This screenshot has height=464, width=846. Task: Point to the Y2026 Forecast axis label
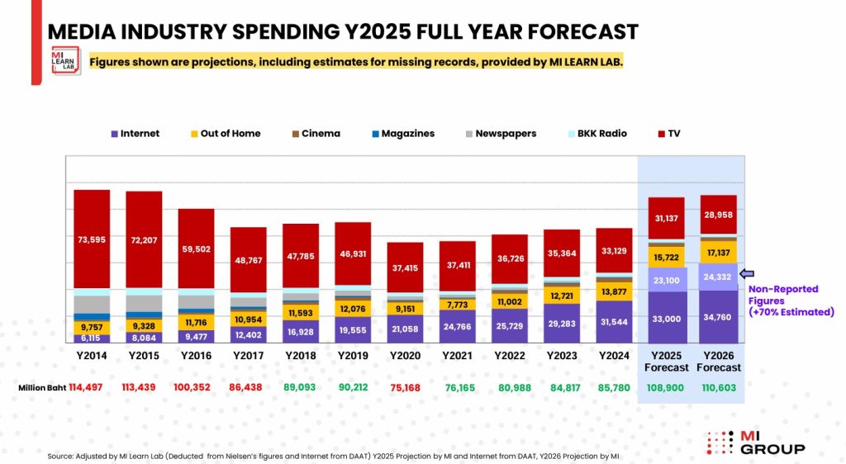718,361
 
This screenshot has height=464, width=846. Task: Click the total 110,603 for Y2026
718,386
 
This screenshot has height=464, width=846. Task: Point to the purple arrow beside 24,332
746,274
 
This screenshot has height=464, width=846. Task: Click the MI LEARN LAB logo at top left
66,60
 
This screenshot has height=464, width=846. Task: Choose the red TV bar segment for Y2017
248,259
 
